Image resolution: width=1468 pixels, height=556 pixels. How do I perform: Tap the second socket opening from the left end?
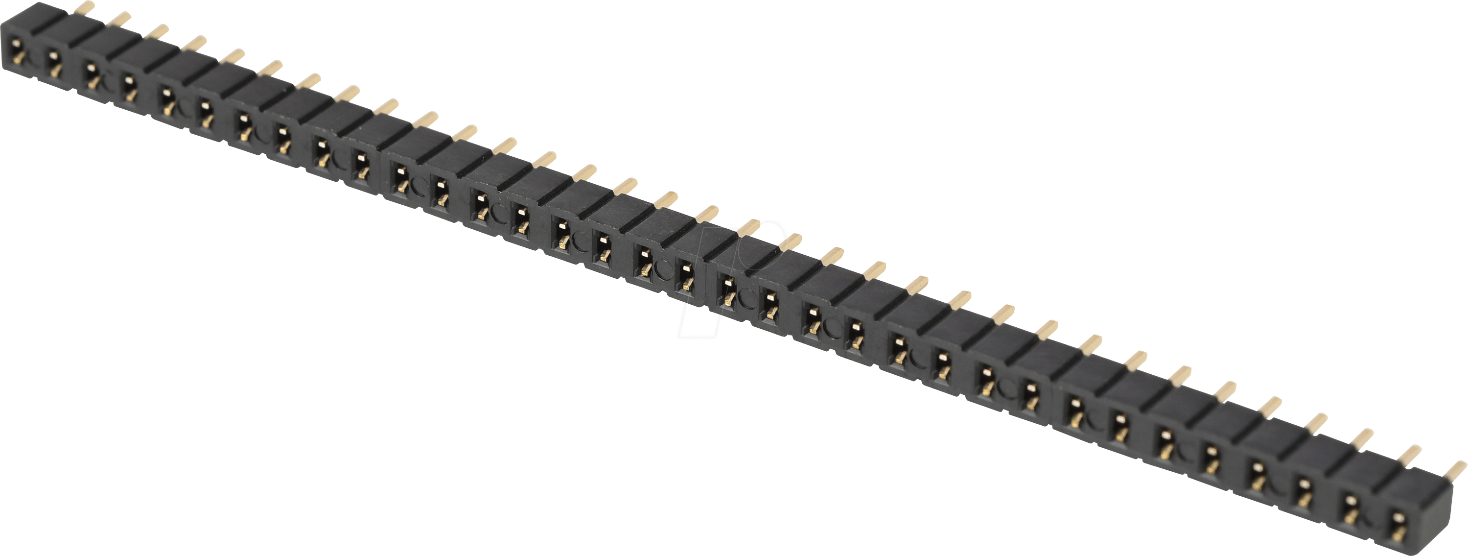point(54,62)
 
